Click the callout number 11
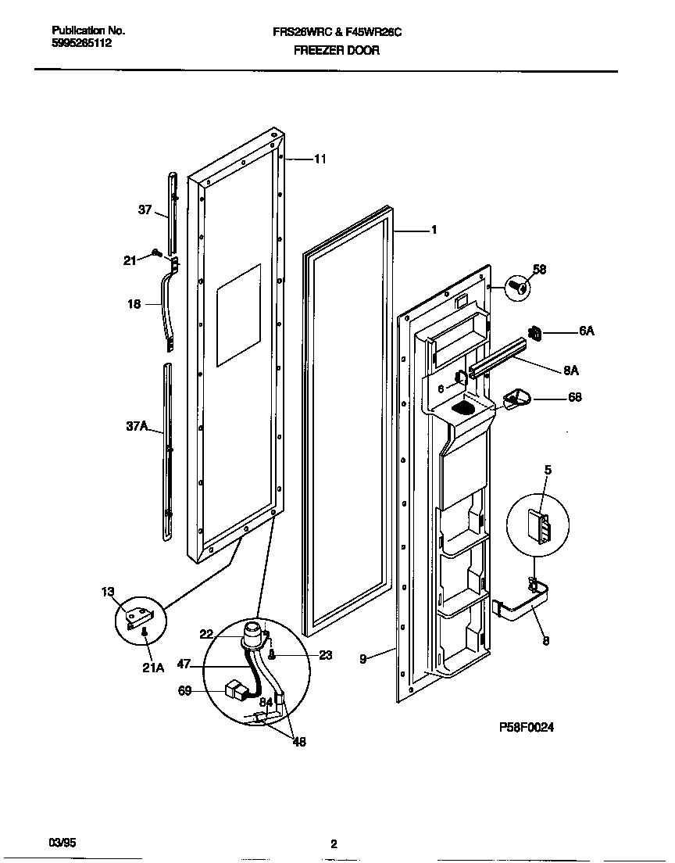click(320, 159)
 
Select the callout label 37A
click(137, 426)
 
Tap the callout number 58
click(539, 270)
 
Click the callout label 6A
click(587, 331)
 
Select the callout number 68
click(575, 398)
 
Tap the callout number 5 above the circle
click(548, 470)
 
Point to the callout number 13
click(107, 592)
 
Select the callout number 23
click(325, 655)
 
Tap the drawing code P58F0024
click(527, 726)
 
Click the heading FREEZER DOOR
click(337, 50)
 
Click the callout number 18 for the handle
click(134, 304)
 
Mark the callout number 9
click(362, 659)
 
